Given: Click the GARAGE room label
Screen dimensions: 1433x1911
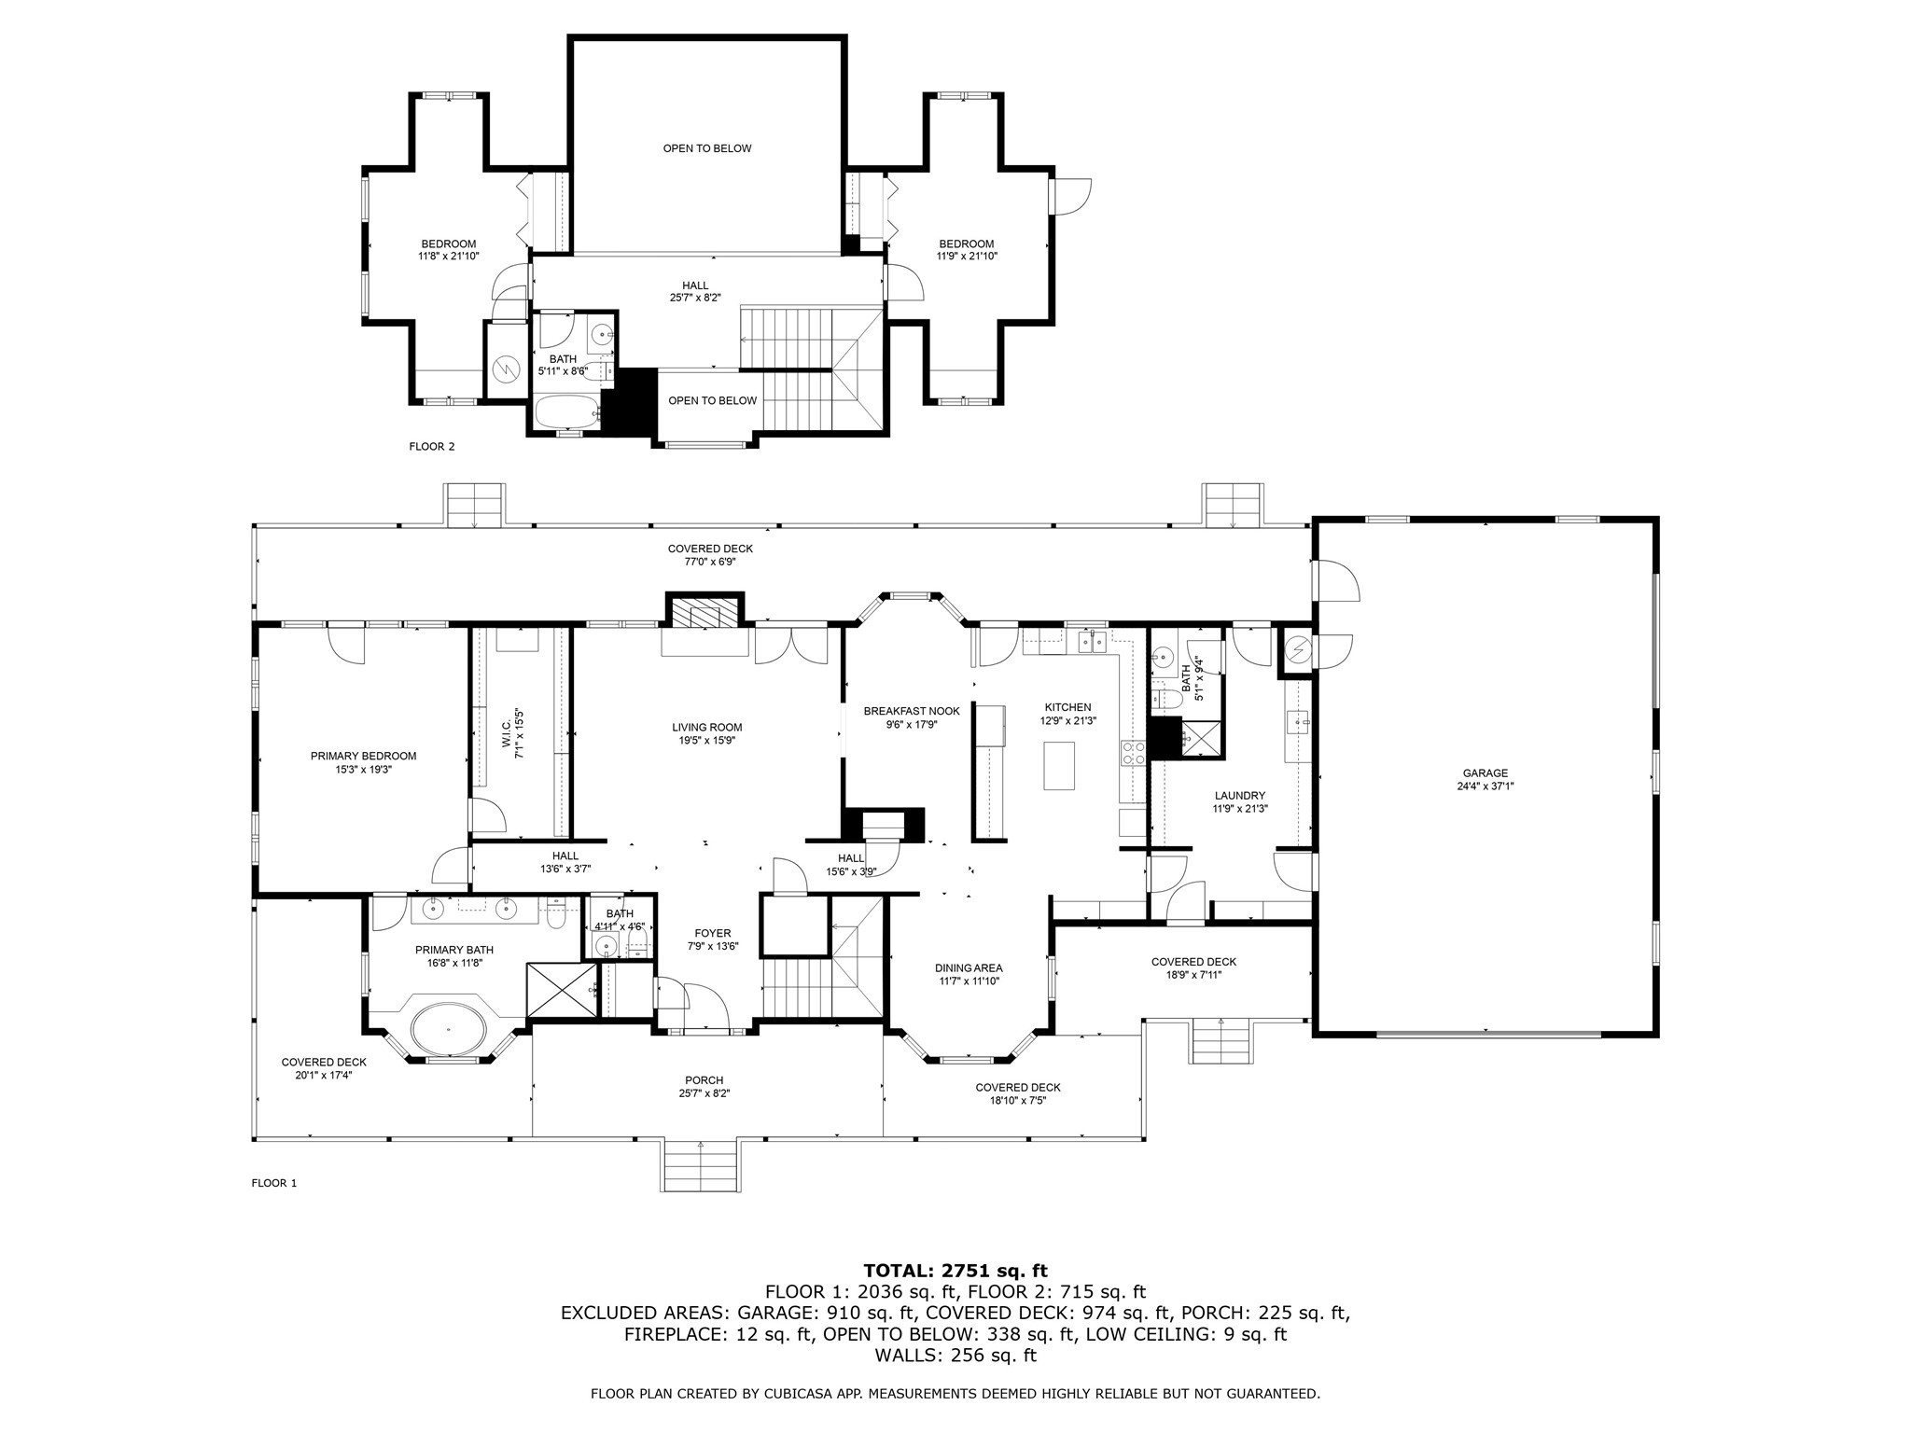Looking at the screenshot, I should [1485, 772].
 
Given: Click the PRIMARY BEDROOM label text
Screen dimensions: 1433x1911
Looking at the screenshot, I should [363, 756].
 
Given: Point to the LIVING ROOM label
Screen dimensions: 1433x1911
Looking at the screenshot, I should [706, 727].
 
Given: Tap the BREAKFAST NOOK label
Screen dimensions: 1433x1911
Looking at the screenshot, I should [911, 711].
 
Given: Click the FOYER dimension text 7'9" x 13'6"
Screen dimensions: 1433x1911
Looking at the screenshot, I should [712, 946].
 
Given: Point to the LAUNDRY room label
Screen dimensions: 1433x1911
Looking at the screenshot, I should [1239, 796].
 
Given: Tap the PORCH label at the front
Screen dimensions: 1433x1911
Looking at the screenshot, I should [704, 1080].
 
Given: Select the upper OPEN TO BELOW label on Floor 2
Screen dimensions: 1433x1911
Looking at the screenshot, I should [706, 148].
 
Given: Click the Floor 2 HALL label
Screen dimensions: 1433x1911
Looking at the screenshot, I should [694, 285].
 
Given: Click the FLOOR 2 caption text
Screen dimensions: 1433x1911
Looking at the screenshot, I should [431, 447].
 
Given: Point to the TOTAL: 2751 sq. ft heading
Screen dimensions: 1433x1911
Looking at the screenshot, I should [955, 1271].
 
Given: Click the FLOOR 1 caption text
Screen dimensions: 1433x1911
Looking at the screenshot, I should [273, 1183].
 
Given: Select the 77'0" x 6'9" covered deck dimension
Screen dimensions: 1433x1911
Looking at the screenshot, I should [710, 562].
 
